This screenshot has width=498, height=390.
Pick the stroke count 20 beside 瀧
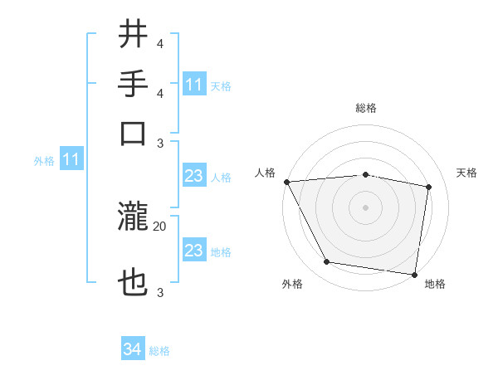pyautogui.click(x=160, y=226)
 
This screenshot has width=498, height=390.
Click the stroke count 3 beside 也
pyautogui.click(x=160, y=292)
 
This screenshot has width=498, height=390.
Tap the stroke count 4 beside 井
pyautogui.click(x=160, y=42)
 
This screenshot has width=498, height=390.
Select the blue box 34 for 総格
pyautogui.click(x=132, y=350)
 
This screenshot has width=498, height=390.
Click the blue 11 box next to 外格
pyautogui.click(x=71, y=160)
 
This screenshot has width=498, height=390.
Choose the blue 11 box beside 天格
pyautogui.click(x=194, y=85)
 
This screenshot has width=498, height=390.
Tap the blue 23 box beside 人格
pyautogui.click(x=194, y=177)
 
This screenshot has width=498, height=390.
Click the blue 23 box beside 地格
pyautogui.click(x=194, y=251)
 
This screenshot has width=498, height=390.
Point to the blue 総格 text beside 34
pyautogui.click(x=159, y=351)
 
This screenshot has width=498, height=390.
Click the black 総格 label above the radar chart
pyautogui.click(x=366, y=108)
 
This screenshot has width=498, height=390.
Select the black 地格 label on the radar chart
pyautogui.click(x=435, y=285)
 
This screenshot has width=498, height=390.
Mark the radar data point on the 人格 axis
pyautogui.click(x=286, y=181)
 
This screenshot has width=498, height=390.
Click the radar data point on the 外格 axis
pyautogui.click(x=327, y=263)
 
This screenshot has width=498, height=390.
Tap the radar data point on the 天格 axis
pyautogui.click(x=429, y=187)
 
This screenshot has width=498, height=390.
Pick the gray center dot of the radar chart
pyautogui.click(x=366, y=207)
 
